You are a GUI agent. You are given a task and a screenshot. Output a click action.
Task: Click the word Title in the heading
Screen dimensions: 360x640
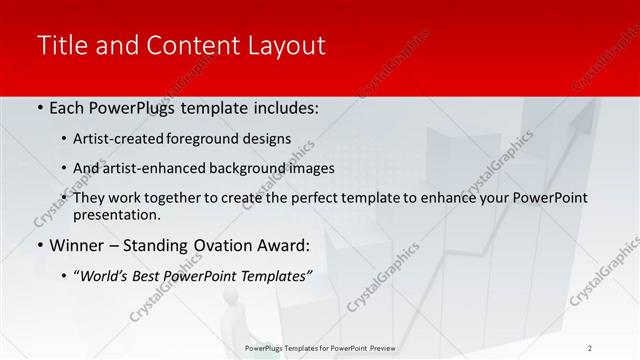(x=60, y=45)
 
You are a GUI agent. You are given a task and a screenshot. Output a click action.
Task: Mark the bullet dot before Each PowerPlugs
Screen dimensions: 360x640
(x=38, y=108)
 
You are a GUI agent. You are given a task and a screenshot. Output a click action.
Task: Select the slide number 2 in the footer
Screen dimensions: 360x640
(x=589, y=347)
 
